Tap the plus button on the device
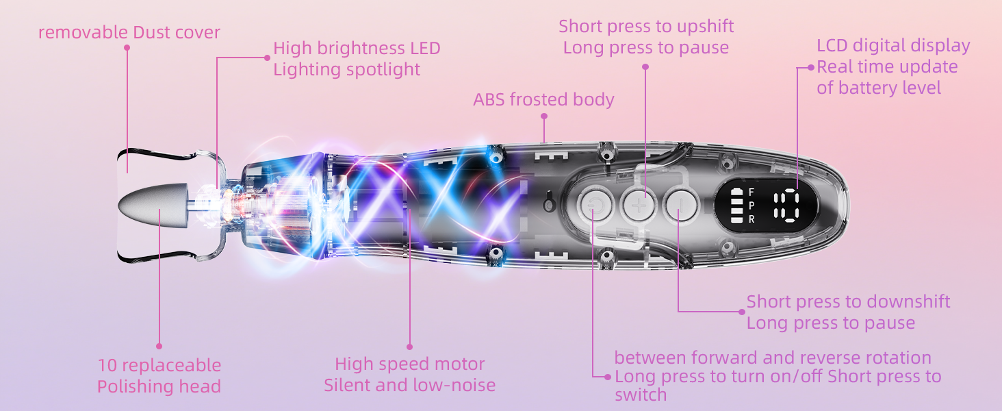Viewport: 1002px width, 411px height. (x=638, y=205)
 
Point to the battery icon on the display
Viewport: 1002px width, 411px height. (x=736, y=206)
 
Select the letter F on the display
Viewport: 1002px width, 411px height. (x=751, y=192)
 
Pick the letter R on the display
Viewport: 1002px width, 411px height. (x=751, y=220)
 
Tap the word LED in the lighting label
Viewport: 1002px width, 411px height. (x=425, y=49)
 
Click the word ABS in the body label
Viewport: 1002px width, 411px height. (x=489, y=100)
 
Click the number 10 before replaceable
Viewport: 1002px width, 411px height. (x=107, y=366)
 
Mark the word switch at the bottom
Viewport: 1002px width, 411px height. (x=640, y=395)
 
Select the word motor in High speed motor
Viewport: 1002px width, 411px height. (x=459, y=364)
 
